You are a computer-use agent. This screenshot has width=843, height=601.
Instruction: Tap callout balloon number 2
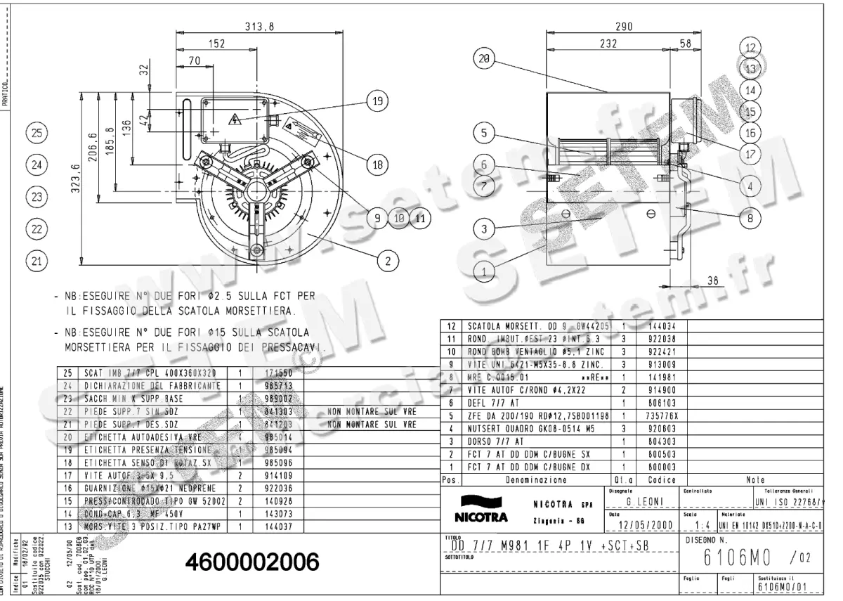(386, 261)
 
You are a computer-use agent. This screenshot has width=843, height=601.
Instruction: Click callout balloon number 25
(37, 132)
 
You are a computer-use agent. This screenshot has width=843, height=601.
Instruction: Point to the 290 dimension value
(623, 27)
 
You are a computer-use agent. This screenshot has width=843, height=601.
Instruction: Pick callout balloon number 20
(483, 60)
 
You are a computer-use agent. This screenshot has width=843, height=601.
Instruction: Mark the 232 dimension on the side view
(608, 44)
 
